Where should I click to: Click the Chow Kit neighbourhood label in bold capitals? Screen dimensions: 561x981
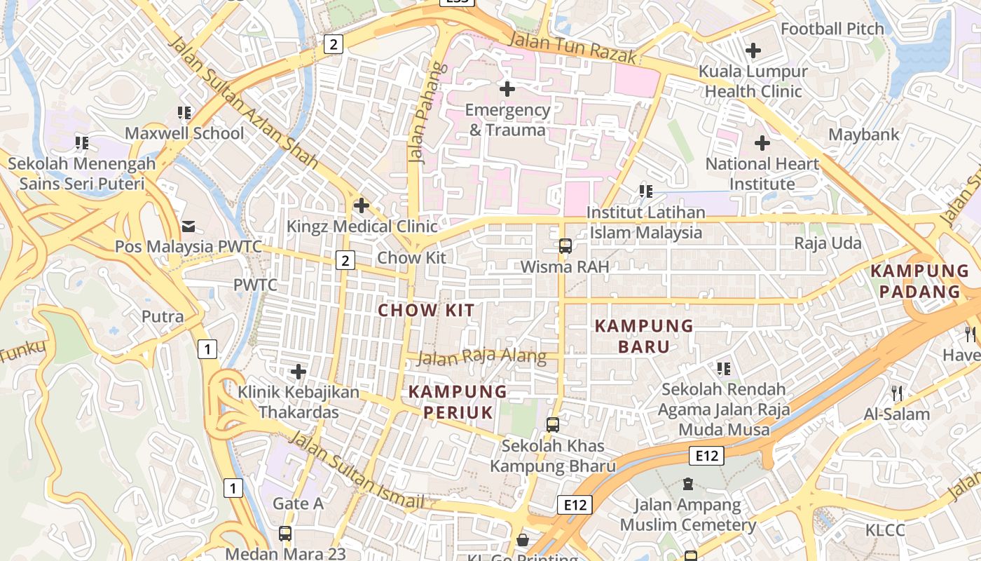coord(427,310)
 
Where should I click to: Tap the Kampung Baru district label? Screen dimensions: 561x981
coord(644,336)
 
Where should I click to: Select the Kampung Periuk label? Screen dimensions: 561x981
coord(458,402)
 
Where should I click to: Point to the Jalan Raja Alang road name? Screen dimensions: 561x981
coord(481,356)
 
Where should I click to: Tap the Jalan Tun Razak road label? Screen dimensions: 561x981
coord(572,48)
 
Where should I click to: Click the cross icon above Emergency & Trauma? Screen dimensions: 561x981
coord(507,89)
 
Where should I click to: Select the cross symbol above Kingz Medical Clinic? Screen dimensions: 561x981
coord(362,205)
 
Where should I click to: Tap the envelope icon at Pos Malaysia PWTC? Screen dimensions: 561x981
coord(188,226)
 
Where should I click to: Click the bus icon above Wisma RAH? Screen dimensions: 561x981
coord(565,246)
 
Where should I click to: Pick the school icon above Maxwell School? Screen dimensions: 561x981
coord(184,113)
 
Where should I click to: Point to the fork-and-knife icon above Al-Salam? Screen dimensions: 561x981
coord(896,393)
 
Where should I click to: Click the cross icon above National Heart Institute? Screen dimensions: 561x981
coord(762,143)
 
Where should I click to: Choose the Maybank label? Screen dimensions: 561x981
coord(864,134)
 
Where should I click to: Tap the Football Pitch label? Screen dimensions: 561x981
coord(832,29)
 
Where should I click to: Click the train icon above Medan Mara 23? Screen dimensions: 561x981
coord(285,533)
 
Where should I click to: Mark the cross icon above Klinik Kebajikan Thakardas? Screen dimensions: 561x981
coord(299,371)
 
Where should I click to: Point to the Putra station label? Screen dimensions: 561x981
coord(163,316)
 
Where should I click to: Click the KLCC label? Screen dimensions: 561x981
coord(885,529)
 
